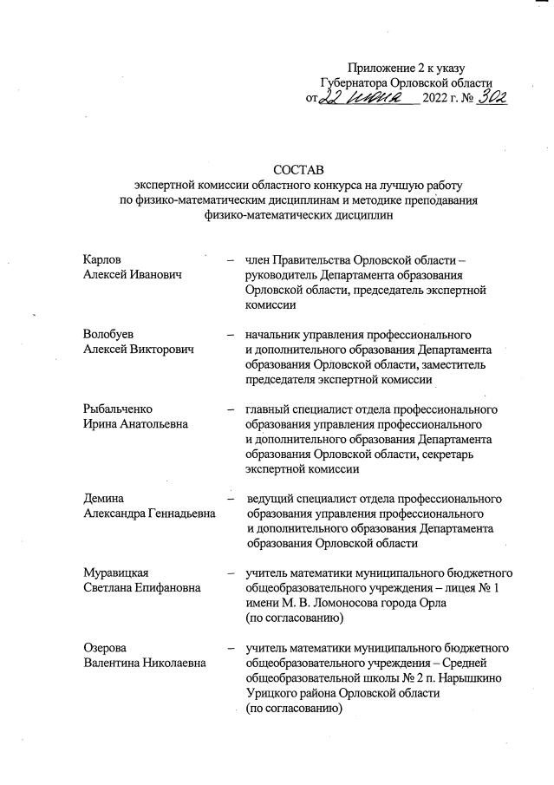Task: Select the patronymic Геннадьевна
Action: pyautogui.click(x=180, y=514)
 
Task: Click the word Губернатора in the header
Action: pyautogui.click(x=357, y=82)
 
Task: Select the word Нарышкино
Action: pyautogui.click(x=466, y=677)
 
